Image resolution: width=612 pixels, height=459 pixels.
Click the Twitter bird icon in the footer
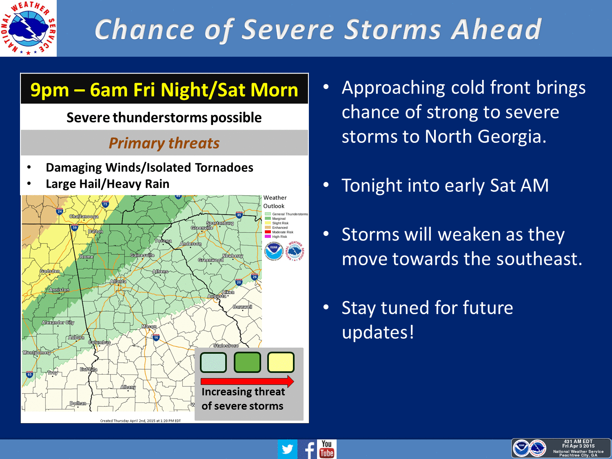(x=287, y=449)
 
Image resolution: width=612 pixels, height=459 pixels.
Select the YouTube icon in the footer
(x=327, y=449)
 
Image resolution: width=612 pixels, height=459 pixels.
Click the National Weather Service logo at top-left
(x=28, y=28)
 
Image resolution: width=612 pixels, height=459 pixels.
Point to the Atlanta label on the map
(x=118, y=281)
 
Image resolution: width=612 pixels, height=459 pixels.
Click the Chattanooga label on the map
(x=84, y=216)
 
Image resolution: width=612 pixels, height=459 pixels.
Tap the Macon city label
(x=149, y=326)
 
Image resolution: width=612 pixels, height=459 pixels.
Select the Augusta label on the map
(x=217, y=296)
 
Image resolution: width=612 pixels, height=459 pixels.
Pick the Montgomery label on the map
(x=37, y=353)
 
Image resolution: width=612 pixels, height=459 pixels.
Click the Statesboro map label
(x=226, y=346)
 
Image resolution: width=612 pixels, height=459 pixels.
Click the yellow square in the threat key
(x=281, y=362)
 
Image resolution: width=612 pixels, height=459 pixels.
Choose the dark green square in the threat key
(x=247, y=362)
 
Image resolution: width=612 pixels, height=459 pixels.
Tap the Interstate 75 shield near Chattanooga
(x=105, y=204)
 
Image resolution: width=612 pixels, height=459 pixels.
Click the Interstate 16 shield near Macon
(x=156, y=337)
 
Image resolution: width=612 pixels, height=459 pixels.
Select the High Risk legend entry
(x=279, y=237)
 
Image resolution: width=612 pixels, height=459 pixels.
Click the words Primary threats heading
(x=164, y=143)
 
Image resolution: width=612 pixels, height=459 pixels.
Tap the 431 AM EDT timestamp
(x=578, y=441)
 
